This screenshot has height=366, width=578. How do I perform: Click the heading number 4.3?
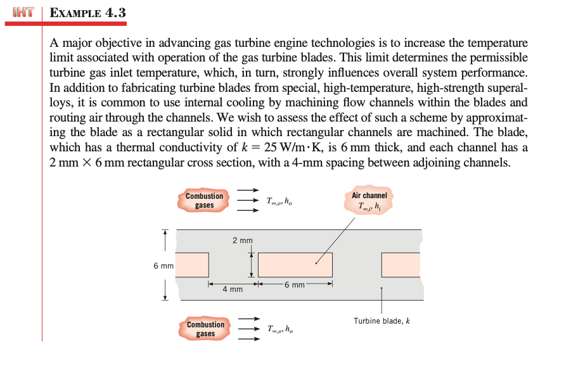pos(114,11)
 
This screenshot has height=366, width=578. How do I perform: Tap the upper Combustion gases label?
pos(204,201)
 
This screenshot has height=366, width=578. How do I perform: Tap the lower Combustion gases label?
pos(205,329)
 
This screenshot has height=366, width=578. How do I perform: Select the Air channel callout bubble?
pos(369,201)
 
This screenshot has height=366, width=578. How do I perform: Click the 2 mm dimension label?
pos(242,241)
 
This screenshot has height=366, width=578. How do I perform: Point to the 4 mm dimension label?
pos(232,289)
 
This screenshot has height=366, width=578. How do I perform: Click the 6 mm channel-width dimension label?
pos(295,285)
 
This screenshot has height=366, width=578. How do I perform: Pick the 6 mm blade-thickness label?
pos(163,265)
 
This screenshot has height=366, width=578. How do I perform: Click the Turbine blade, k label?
pos(382,321)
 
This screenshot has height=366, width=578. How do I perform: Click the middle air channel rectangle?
pos(295,265)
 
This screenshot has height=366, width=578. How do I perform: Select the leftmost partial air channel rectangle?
pos(192,265)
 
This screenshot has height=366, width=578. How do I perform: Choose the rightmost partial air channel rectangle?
pos(401,265)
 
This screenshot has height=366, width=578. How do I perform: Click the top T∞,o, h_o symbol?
pos(279,202)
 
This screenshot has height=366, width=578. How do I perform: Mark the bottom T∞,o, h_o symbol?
pos(279,329)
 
